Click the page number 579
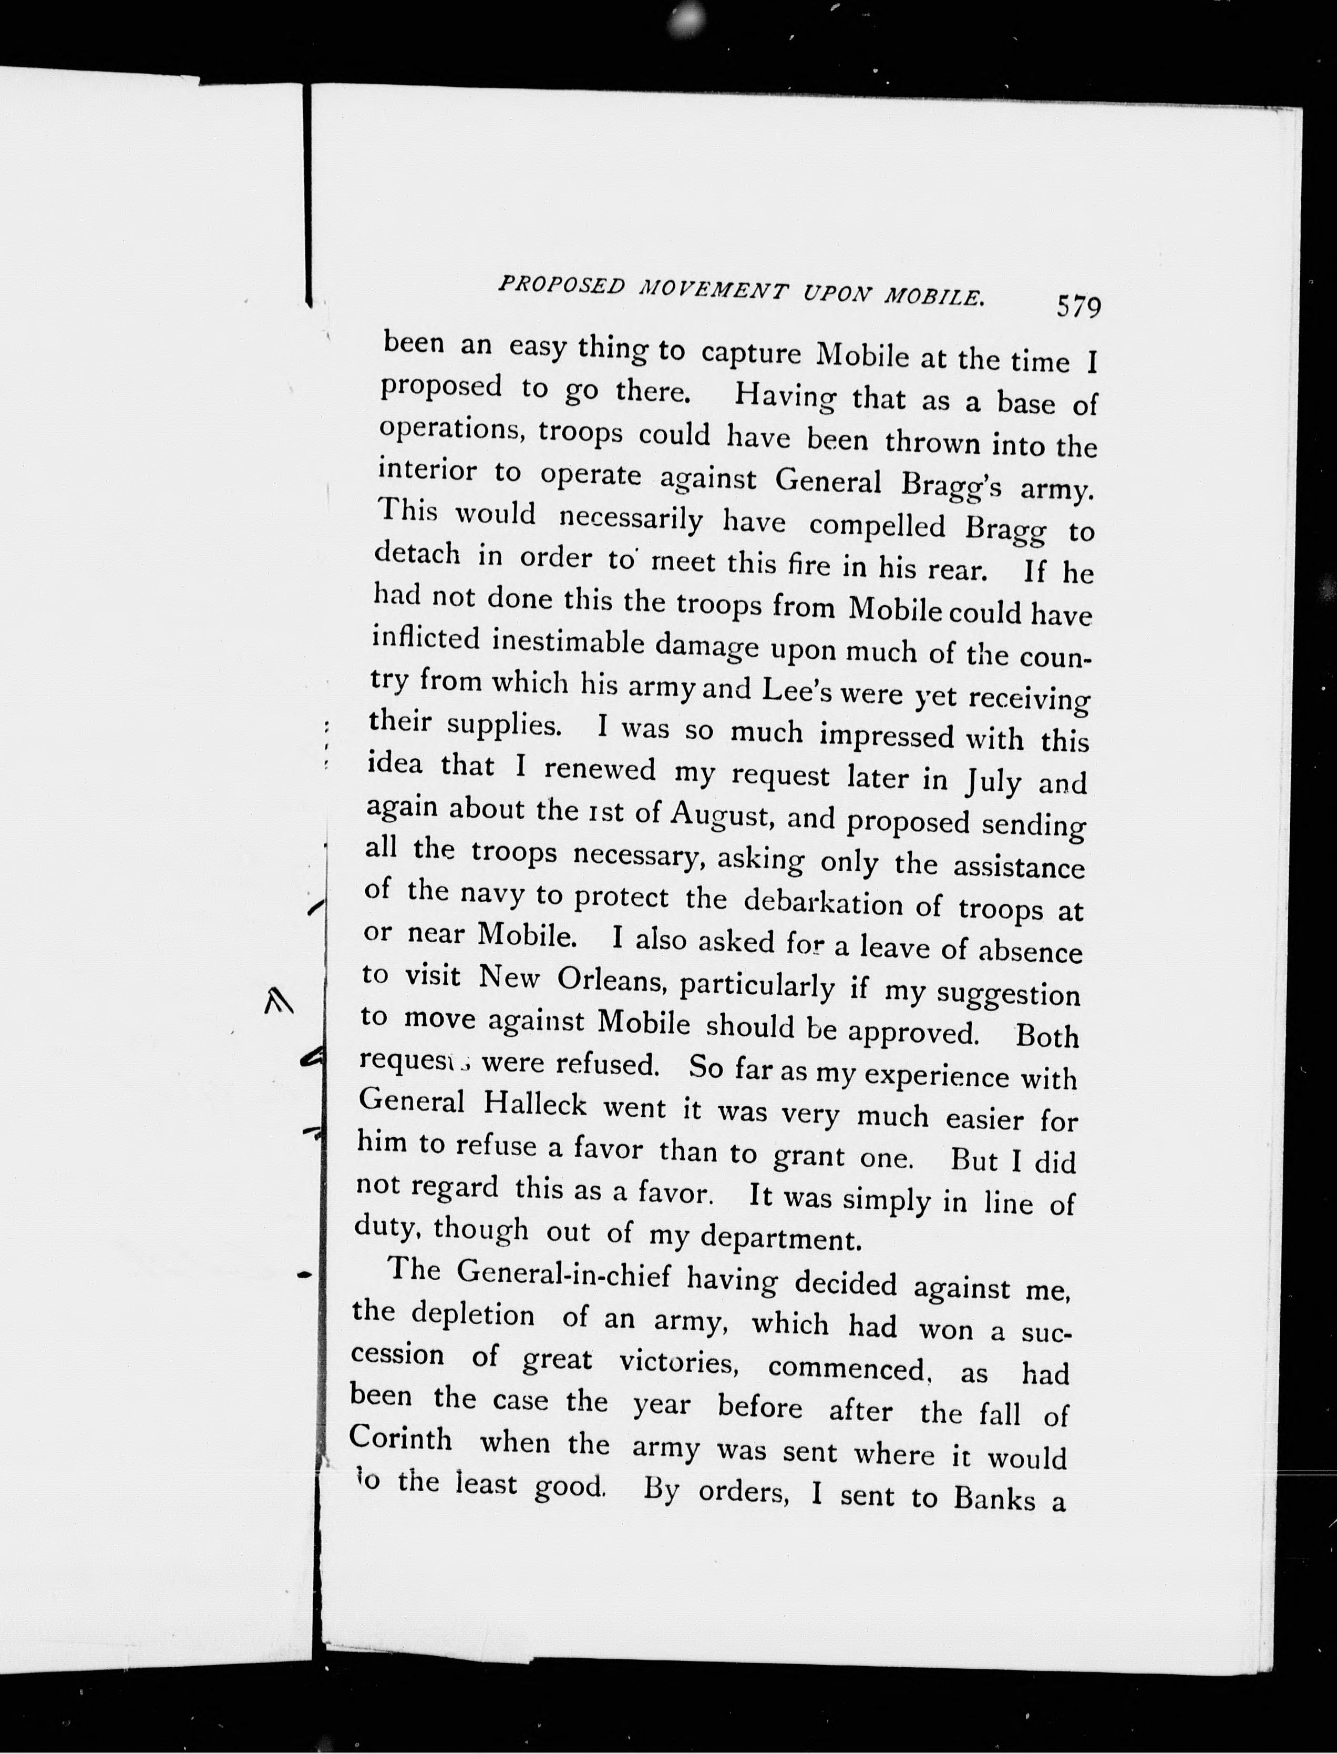[1078, 307]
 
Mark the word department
[781, 1238]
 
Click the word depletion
[472, 1315]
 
